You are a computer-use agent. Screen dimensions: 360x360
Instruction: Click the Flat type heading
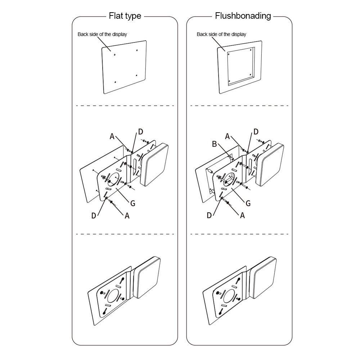tap(125, 16)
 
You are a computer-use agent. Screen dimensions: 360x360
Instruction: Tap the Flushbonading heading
tap(243, 16)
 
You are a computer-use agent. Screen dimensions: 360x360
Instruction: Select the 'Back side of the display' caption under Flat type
tap(102, 35)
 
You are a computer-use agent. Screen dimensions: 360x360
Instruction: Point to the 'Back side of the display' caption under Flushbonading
tap(221, 35)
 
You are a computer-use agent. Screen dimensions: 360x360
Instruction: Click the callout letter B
tap(214, 144)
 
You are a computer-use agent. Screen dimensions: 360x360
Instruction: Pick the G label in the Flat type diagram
tap(133, 203)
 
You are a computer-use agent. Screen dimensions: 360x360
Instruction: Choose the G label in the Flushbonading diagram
tap(248, 203)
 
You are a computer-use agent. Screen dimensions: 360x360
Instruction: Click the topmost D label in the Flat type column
tap(141, 131)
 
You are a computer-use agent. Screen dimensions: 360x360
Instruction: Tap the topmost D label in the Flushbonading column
tap(256, 131)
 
